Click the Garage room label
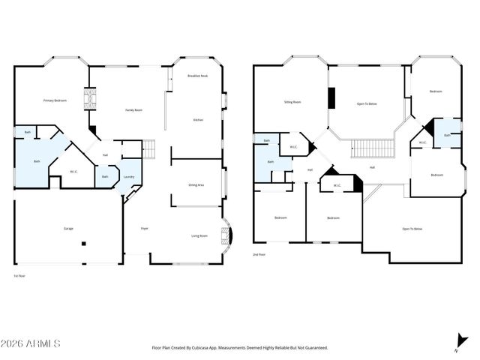(x=68, y=227)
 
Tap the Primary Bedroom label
(x=55, y=100)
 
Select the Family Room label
(x=133, y=110)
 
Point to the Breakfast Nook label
(x=198, y=76)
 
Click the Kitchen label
(x=199, y=120)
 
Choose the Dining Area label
(x=197, y=184)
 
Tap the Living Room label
(x=199, y=236)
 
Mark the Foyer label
(x=144, y=228)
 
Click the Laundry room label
(x=129, y=177)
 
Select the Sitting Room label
(x=292, y=101)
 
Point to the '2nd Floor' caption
(x=259, y=255)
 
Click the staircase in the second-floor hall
(x=373, y=148)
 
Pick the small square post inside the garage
(x=85, y=243)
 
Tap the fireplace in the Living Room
(x=226, y=235)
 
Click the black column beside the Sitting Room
(x=330, y=97)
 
